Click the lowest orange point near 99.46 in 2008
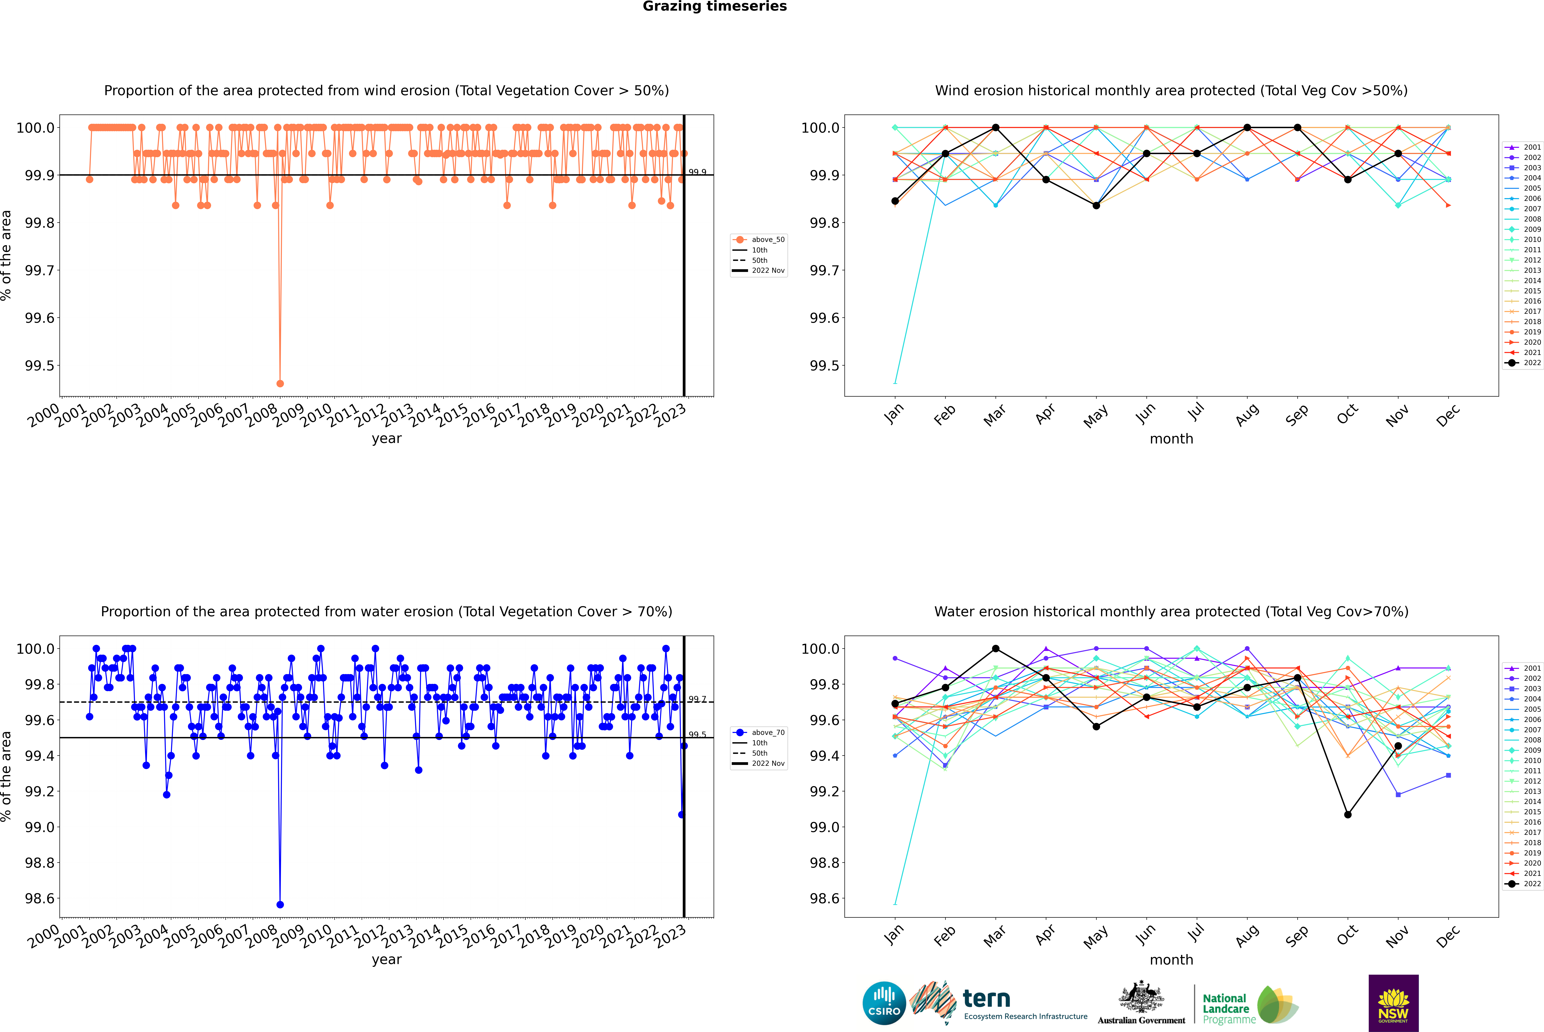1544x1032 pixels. point(280,383)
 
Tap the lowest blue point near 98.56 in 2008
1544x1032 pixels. point(280,904)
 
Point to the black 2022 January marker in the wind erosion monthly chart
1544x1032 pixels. point(895,201)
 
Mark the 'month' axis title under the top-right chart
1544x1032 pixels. point(1171,439)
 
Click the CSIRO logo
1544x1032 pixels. point(884,1003)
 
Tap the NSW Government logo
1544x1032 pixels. point(1393,1003)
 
